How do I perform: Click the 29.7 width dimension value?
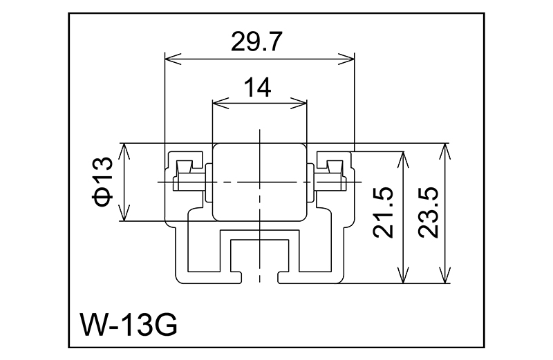pyautogui.click(x=257, y=44)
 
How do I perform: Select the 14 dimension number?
pyautogui.click(x=257, y=88)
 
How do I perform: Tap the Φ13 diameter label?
pyautogui.click(x=103, y=182)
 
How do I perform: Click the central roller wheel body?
pyautogui.click(x=259, y=182)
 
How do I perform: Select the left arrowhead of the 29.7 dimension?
pyautogui.click(x=169, y=59)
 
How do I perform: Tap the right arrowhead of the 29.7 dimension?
pyautogui.click(x=348, y=59)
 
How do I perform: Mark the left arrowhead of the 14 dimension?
pyautogui.click(x=217, y=104)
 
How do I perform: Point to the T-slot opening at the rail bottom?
pyautogui.click(x=259, y=276)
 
